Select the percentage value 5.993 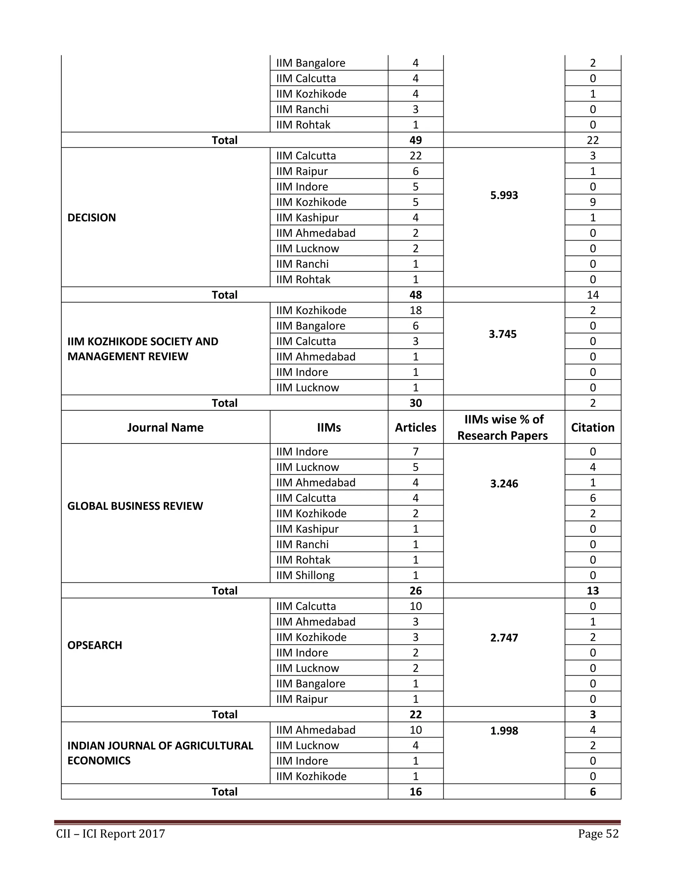[504, 195]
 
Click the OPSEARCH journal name [94, 645]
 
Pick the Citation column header [592, 428]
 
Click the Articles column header [415, 428]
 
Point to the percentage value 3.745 [502, 334]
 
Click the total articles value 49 [415, 140]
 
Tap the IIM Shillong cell [305, 575]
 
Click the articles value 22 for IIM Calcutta [415, 156]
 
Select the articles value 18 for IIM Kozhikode [415, 310]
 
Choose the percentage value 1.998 [504, 730]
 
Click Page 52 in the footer [598, 834]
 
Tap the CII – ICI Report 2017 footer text [111, 834]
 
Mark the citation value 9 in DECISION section [592, 202]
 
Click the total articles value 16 [415, 792]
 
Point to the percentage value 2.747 [504, 638]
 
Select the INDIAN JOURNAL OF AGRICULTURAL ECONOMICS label [160, 753]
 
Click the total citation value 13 [592, 590]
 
